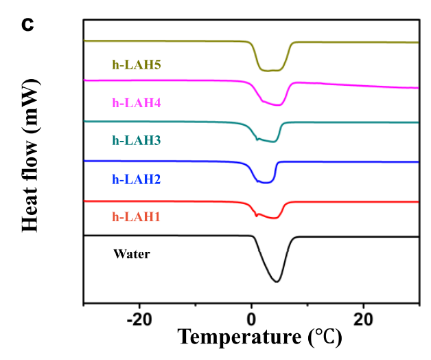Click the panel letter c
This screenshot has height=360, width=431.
[x=27, y=24]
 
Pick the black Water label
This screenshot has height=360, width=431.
[x=132, y=254]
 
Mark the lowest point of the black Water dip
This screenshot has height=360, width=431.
[x=277, y=282]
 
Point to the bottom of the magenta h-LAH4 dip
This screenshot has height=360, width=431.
[x=277, y=105]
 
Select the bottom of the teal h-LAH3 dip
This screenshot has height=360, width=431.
[x=272, y=142]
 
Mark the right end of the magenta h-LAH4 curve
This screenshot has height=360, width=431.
[x=418, y=88]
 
